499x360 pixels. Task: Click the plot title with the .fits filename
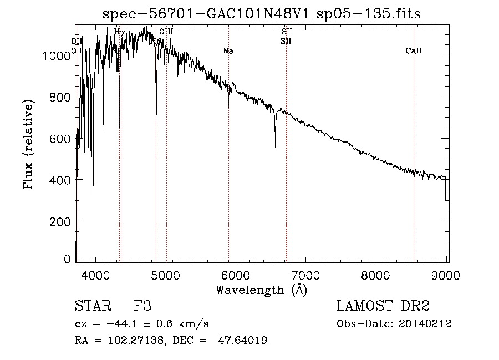(x=262, y=14)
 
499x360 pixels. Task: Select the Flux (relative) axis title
(x=28, y=144)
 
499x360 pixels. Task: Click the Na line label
(x=228, y=51)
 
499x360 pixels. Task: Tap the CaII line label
(x=414, y=51)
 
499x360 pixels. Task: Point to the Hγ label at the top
(x=119, y=32)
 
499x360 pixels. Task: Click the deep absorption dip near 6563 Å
(x=276, y=145)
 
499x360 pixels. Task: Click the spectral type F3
(x=142, y=306)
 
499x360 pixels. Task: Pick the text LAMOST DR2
(x=383, y=306)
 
